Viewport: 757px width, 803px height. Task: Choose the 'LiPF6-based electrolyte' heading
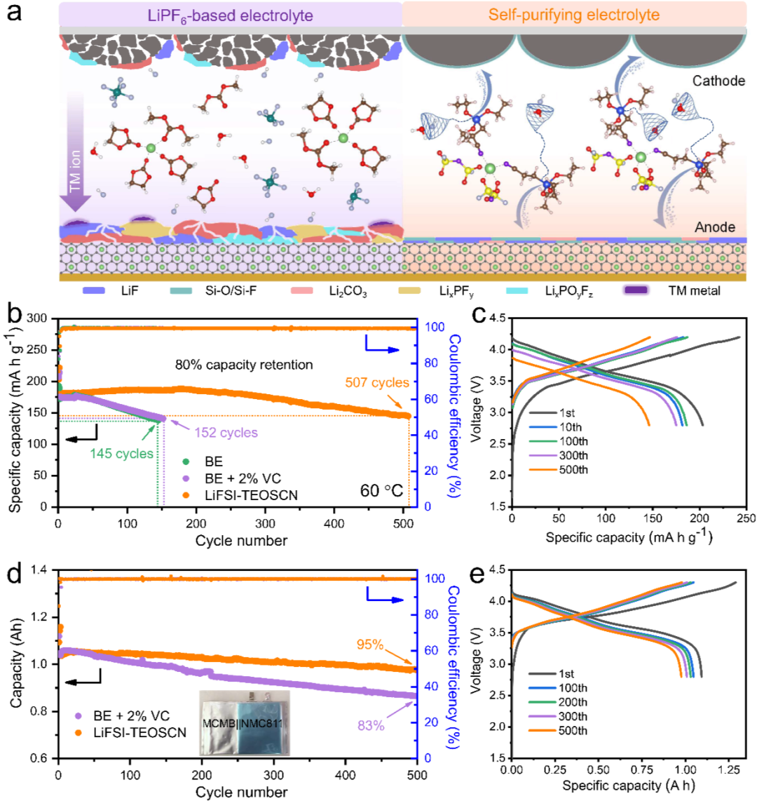coord(230,13)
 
